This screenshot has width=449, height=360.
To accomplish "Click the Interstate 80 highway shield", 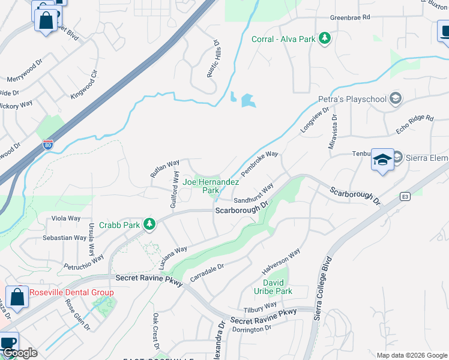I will point(47,145).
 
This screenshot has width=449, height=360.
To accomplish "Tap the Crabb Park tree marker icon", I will point(149,225).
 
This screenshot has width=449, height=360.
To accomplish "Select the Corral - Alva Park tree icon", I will point(325,39).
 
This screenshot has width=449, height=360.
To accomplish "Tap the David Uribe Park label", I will point(277,287).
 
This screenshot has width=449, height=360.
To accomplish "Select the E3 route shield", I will point(406,196).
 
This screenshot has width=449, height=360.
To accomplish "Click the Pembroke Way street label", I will point(260,164).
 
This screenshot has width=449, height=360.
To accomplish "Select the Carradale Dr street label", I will point(206,273).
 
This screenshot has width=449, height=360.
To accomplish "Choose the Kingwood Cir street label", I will point(83,86).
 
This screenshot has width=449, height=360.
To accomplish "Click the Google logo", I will point(20,353).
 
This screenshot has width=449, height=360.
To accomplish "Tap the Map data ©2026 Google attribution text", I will point(411,355).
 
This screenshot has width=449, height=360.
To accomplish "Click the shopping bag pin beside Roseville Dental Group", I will point(18,298).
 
